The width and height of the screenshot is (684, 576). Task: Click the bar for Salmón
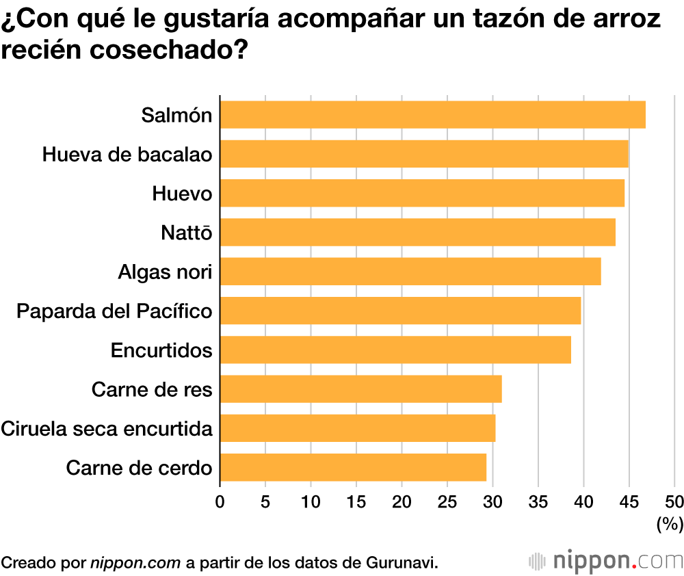pos(432,114)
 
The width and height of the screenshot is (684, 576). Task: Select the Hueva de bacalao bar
pos(424,154)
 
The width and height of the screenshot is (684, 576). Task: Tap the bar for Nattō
pos(417,232)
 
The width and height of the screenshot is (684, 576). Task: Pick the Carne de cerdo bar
pos(353,467)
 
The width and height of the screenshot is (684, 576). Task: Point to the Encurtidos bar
pos(395,350)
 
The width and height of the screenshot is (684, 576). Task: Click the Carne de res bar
pos(360,389)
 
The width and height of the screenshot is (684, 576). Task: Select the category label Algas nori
pos(165,272)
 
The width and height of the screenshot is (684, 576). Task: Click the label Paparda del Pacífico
pos(114,311)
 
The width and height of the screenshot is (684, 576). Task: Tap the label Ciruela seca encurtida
pos(106,429)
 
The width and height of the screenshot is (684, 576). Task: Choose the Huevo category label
pos(181,194)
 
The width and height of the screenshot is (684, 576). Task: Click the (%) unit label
pos(670,525)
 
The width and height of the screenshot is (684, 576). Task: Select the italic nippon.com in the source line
pos(135,562)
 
